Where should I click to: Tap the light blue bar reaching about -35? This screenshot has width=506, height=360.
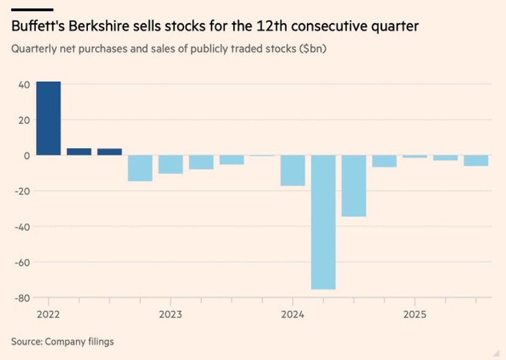click(x=354, y=186)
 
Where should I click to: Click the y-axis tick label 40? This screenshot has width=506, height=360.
click(x=24, y=84)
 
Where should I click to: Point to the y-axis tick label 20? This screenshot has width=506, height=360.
click(x=24, y=120)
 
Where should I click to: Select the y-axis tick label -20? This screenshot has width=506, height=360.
click(x=22, y=191)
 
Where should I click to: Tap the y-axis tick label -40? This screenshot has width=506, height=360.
click(x=22, y=226)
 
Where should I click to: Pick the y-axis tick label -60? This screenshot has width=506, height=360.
click(x=22, y=262)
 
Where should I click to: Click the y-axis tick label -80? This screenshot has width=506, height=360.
click(x=22, y=298)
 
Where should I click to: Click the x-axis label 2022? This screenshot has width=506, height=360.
click(x=48, y=314)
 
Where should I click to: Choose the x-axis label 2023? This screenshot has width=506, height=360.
click(x=171, y=314)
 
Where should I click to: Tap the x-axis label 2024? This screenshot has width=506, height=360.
click(x=292, y=314)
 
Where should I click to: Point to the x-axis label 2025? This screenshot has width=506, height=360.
click(x=414, y=314)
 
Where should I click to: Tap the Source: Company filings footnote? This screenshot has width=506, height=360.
click(x=62, y=341)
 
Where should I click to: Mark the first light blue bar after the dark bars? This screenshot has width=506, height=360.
click(x=140, y=168)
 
